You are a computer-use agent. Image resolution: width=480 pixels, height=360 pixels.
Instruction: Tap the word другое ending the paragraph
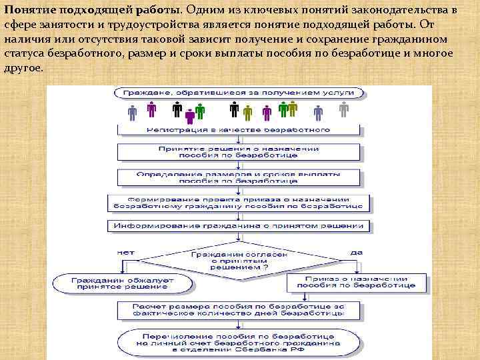coord(23,69)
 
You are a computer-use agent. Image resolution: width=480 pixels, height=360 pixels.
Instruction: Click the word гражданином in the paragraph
coord(423,39)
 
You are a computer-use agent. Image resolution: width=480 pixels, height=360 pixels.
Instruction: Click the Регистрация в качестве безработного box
coord(239,129)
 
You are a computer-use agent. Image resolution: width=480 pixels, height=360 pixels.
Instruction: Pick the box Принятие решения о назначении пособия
coord(239,152)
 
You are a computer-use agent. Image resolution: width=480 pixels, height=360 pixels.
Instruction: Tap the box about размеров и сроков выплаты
coord(239,176)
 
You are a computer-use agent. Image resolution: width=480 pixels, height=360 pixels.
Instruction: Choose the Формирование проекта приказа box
coord(239,203)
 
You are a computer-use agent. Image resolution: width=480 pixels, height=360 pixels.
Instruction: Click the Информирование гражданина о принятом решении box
coord(239,226)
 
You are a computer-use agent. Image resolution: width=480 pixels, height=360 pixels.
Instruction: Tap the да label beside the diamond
coord(357,253)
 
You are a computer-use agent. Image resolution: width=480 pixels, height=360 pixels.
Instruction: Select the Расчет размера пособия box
coord(239,309)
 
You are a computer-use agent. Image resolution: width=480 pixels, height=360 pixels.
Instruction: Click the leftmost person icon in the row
coord(132,111)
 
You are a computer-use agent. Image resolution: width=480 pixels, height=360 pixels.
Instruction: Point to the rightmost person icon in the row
coord(344,109)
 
